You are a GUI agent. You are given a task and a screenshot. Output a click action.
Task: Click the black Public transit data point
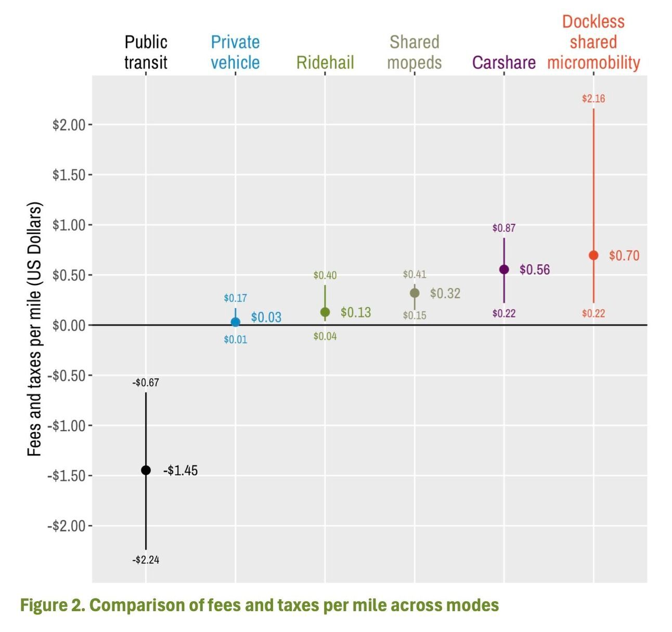[x=146, y=470]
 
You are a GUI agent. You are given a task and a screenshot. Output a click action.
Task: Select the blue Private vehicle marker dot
[x=235, y=322]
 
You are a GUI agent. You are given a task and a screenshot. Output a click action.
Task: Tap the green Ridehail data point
[x=325, y=312]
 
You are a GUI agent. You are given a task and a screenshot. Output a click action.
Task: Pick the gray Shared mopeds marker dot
[x=415, y=293]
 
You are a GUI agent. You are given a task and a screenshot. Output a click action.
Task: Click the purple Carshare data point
[x=504, y=269]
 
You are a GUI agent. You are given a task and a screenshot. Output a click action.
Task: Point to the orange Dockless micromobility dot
[x=593, y=255]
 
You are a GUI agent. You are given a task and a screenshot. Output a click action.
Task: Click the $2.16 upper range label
[x=593, y=98]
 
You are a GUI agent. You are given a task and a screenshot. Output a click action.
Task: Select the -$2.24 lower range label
[x=146, y=560]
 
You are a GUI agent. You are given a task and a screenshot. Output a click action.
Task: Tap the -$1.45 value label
[x=180, y=471]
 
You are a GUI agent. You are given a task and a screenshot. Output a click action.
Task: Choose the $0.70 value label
[x=624, y=256]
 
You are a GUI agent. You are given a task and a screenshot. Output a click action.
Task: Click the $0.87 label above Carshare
[x=504, y=228]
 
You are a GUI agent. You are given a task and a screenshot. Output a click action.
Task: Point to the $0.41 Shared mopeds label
[x=415, y=274]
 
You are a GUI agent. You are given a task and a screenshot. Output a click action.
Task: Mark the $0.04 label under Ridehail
[x=325, y=336]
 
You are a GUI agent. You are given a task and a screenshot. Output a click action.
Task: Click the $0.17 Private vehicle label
[x=235, y=298]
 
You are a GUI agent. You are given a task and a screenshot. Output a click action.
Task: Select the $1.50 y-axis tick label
[x=69, y=175]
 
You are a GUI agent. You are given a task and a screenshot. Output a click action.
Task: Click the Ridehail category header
[x=325, y=62]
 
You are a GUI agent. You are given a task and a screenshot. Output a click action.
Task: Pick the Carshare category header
[x=503, y=62]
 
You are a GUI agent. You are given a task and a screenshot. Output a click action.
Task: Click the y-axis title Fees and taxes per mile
[x=34, y=329]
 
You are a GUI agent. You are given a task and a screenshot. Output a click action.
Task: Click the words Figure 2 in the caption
[x=52, y=605]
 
